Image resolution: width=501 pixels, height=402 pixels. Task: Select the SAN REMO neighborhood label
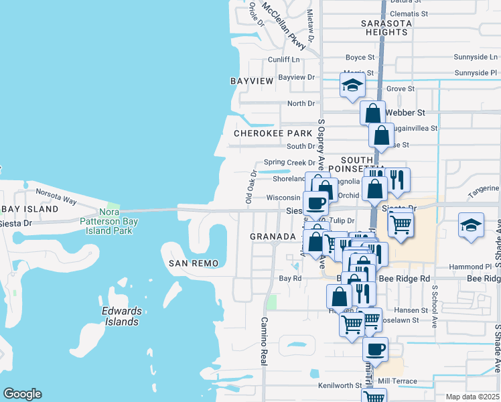pos(194,263)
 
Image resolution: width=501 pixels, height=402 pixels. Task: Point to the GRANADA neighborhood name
pos(273,237)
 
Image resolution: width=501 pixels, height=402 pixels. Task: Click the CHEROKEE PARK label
pos(273,133)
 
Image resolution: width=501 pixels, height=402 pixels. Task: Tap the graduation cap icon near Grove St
pos(352,86)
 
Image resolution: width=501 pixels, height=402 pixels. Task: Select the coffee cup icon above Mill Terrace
pos(375,348)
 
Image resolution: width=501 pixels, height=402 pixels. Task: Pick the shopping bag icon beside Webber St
pos(373,112)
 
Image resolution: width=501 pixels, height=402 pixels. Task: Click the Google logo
pos(22,394)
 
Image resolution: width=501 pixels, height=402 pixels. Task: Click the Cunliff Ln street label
pos(284,60)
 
